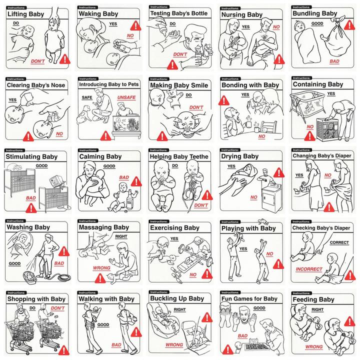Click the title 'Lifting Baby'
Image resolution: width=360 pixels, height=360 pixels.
tap(25, 14)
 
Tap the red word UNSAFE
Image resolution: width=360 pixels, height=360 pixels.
tap(126, 97)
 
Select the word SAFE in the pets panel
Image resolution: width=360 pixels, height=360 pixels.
tap(87, 97)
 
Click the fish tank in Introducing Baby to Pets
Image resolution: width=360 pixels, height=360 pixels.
tap(126, 124)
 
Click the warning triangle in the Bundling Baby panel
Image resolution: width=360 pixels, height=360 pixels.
tap(349, 25)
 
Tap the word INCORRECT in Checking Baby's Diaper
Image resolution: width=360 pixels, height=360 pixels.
tap(309, 269)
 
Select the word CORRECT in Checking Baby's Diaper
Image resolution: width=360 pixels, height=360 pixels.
tap(339, 242)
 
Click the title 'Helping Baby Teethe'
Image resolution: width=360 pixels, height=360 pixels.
tap(179, 156)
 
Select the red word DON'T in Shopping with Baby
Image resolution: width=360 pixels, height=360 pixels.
tap(57, 308)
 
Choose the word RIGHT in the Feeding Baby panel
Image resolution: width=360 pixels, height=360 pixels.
tap(317, 309)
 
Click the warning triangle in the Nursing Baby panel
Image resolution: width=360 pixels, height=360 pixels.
tap(279, 59)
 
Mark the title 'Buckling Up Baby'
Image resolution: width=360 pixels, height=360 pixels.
tap(177, 298)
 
